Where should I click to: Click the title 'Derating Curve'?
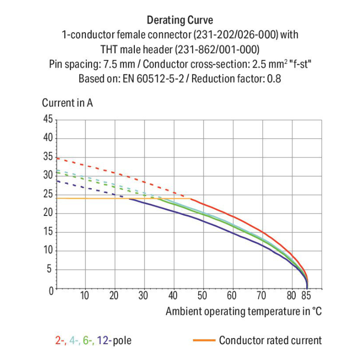pyautogui.click(x=180, y=21)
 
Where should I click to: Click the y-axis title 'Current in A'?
pyautogui.click(x=67, y=103)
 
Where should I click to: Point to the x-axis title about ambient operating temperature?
pyautogui.click(x=243, y=311)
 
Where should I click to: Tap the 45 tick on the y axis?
pyautogui.click(x=48, y=120)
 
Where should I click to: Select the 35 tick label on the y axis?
pyautogui.click(x=48, y=157)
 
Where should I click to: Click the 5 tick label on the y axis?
pyautogui.click(x=50, y=270)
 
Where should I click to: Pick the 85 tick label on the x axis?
pyautogui.click(x=306, y=295)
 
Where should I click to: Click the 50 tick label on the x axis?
pyautogui.click(x=203, y=295)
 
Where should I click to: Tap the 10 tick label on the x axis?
pyautogui.click(x=85, y=295)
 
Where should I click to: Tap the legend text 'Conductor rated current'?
pyautogui.click(x=270, y=341)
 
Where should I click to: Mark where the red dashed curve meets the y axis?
pyautogui.click(x=57, y=158)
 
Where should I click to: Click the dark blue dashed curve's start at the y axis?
pyautogui.click(x=57, y=180)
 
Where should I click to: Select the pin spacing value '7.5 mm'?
pyautogui.click(x=125, y=64)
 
